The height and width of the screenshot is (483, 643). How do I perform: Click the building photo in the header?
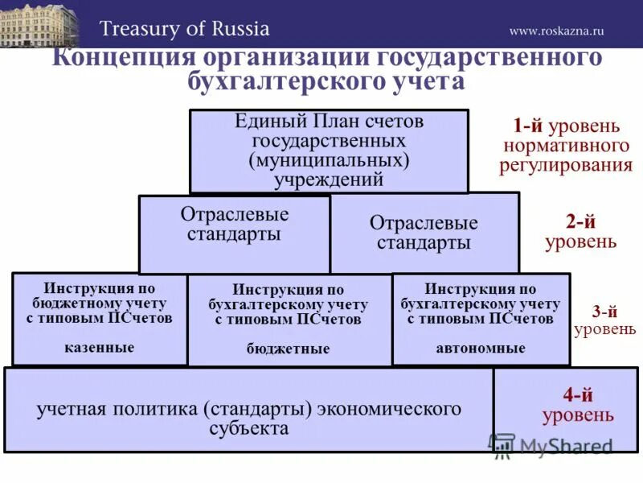coord(41,24)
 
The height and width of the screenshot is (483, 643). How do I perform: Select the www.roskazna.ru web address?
coord(556,31)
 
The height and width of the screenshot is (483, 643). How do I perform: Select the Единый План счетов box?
coord(329,151)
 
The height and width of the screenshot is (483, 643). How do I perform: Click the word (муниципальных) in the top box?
coord(329,161)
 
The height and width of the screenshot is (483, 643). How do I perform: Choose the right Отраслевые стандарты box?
coord(424,233)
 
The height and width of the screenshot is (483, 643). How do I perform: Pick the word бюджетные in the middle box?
coord(288,349)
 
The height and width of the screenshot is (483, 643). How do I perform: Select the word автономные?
coord(481,349)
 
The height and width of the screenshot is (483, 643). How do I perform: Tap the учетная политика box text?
coord(248,418)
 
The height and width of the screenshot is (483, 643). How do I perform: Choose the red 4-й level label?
coord(579,395)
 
